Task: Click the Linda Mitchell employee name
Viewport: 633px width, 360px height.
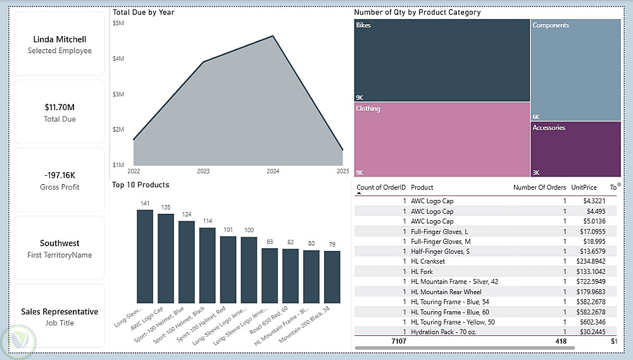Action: point(60,39)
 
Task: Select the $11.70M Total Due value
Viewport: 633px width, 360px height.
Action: point(60,108)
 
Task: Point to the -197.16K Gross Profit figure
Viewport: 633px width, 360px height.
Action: point(60,175)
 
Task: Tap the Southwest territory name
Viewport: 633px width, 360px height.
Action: point(60,244)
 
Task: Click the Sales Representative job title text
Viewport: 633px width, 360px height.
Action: point(60,312)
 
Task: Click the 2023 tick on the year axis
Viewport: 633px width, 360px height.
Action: point(203,171)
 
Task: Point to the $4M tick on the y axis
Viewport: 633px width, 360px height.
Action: point(118,59)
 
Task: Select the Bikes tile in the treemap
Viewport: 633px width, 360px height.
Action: point(441,60)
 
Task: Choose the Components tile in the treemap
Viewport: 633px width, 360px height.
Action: point(575,70)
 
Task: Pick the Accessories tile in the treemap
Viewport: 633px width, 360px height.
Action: point(575,149)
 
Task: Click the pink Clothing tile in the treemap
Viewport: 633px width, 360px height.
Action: point(441,140)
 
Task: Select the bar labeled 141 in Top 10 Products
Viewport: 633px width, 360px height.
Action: point(145,256)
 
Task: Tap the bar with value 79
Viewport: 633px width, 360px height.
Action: point(332,277)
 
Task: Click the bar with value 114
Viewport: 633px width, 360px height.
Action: point(208,265)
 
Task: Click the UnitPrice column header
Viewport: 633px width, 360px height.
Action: point(584,188)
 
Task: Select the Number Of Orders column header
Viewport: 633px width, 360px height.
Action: point(539,188)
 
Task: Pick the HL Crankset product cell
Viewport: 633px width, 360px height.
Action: point(428,262)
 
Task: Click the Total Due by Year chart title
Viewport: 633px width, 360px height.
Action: point(143,12)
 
